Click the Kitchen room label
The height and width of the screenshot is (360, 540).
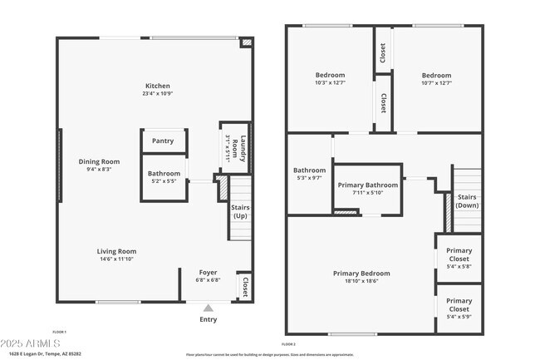click(158, 86)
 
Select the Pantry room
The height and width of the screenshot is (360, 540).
click(163, 141)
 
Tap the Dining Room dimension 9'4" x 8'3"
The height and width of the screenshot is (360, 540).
click(99, 170)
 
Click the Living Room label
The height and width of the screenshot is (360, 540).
click(116, 251)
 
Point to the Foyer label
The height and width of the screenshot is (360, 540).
click(208, 272)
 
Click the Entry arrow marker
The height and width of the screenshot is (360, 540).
click(208, 308)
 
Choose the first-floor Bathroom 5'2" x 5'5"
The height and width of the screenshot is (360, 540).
click(164, 176)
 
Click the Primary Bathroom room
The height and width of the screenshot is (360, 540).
click(369, 189)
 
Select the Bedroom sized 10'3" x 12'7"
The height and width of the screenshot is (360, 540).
click(330, 78)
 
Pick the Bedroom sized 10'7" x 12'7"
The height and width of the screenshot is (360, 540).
click(436, 78)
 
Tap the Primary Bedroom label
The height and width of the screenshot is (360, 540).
click(361, 277)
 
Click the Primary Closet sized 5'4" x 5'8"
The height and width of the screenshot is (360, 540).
click(459, 258)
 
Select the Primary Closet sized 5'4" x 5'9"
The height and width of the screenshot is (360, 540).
click(459, 308)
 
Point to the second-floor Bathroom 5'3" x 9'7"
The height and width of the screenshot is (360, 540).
click(309, 173)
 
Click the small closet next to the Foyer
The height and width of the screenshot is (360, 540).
click(244, 286)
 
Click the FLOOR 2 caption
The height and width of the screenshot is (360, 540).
click(288, 343)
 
